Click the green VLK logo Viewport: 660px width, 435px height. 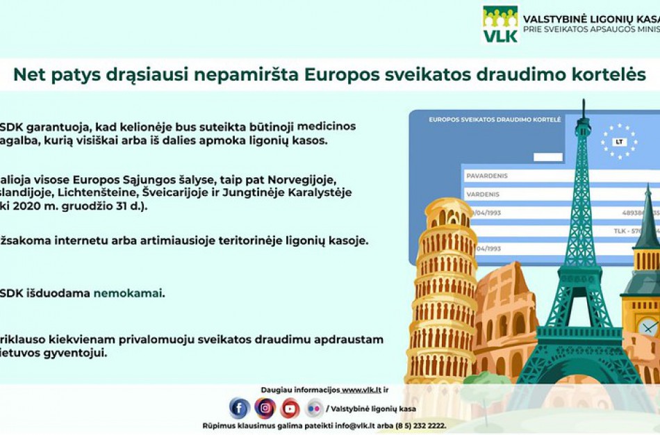tap(500, 24)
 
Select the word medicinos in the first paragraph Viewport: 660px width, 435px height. tap(327, 126)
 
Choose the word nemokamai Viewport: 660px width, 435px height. tap(129, 293)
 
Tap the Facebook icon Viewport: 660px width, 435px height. tap(239, 408)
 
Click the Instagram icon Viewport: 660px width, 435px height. tap(265, 408)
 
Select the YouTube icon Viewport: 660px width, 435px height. tap(290, 408)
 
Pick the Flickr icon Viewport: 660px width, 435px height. tap(314, 408)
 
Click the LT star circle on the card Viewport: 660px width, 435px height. tap(618, 141)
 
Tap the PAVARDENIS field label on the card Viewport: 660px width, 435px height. tap(486, 177)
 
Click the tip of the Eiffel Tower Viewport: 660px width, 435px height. tap(584, 104)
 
